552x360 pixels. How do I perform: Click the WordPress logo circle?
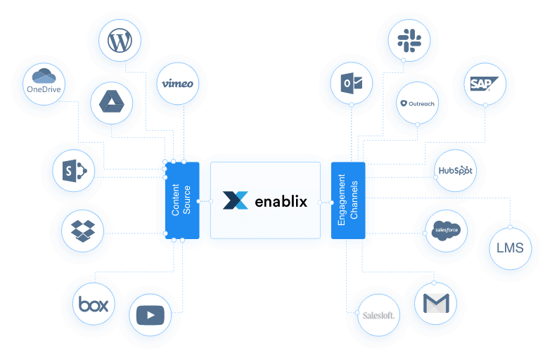pos(120,41)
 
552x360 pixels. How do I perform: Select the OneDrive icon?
pos(44,84)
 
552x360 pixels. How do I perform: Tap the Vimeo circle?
pos(176,84)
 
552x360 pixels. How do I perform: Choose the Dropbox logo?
pos(82,229)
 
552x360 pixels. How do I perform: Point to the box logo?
pos(93,304)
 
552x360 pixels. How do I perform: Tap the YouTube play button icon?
pos(150,315)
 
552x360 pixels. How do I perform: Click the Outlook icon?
pos(351,84)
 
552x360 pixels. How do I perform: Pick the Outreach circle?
pos(417,103)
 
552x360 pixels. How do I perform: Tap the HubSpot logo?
pos(455,171)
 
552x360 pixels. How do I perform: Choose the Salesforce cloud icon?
pos(446,229)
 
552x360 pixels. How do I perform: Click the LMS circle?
pos(511,249)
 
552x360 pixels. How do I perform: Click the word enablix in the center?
pos(280,200)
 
